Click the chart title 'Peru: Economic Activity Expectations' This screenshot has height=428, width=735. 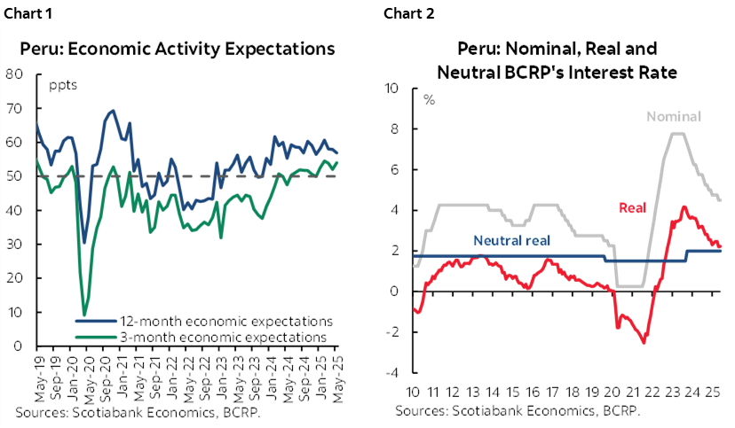pyautogui.click(x=178, y=49)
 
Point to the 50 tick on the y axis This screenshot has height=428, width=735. pyautogui.click(x=13, y=175)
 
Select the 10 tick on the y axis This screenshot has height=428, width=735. pyautogui.click(x=13, y=312)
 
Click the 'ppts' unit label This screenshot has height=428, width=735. pyautogui.click(x=61, y=86)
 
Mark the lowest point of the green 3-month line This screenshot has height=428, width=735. pyautogui.click(x=85, y=314)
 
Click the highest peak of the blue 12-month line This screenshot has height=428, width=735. pyautogui.click(x=113, y=111)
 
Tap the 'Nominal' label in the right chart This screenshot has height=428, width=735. pyautogui.click(x=675, y=116)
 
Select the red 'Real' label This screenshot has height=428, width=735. pyautogui.click(x=631, y=207)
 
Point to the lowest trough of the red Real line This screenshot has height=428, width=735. pyautogui.click(x=644, y=342)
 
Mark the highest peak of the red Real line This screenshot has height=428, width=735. pyautogui.click(x=684, y=206)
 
